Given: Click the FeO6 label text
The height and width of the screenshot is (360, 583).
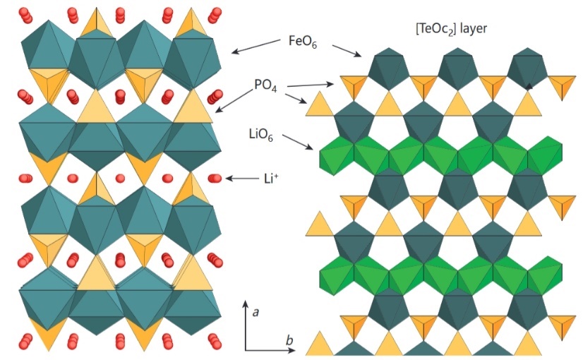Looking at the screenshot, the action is click(x=303, y=42).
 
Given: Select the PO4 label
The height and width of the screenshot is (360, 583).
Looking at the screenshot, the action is click(x=265, y=86).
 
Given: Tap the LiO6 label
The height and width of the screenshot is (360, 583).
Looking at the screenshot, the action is click(x=261, y=135).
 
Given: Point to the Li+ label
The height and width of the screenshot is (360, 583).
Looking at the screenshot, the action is click(x=271, y=179).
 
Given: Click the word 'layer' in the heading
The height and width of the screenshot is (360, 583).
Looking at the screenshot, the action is click(x=474, y=29).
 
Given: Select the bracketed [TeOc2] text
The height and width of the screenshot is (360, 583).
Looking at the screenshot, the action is click(x=435, y=30).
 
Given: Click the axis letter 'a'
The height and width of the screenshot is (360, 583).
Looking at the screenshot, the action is click(x=256, y=313).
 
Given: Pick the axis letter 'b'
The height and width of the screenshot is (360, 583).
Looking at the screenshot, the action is click(x=289, y=340).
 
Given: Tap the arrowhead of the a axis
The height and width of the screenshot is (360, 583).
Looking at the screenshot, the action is click(x=246, y=303).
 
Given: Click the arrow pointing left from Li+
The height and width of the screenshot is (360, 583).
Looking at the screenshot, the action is click(x=241, y=179).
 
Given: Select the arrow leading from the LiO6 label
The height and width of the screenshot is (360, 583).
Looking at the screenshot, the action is click(x=297, y=143).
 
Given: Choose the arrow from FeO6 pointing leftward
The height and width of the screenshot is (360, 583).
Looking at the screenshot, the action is click(x=256, y=47).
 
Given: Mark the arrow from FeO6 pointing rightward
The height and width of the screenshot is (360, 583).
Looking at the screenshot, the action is click(x=347, y=51).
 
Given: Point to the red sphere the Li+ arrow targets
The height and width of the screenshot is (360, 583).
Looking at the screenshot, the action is click(x=215, y=179).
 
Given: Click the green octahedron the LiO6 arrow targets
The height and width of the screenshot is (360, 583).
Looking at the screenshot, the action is click(x=337, y=155).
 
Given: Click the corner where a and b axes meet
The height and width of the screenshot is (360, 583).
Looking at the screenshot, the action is click(x=246, y=350).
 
